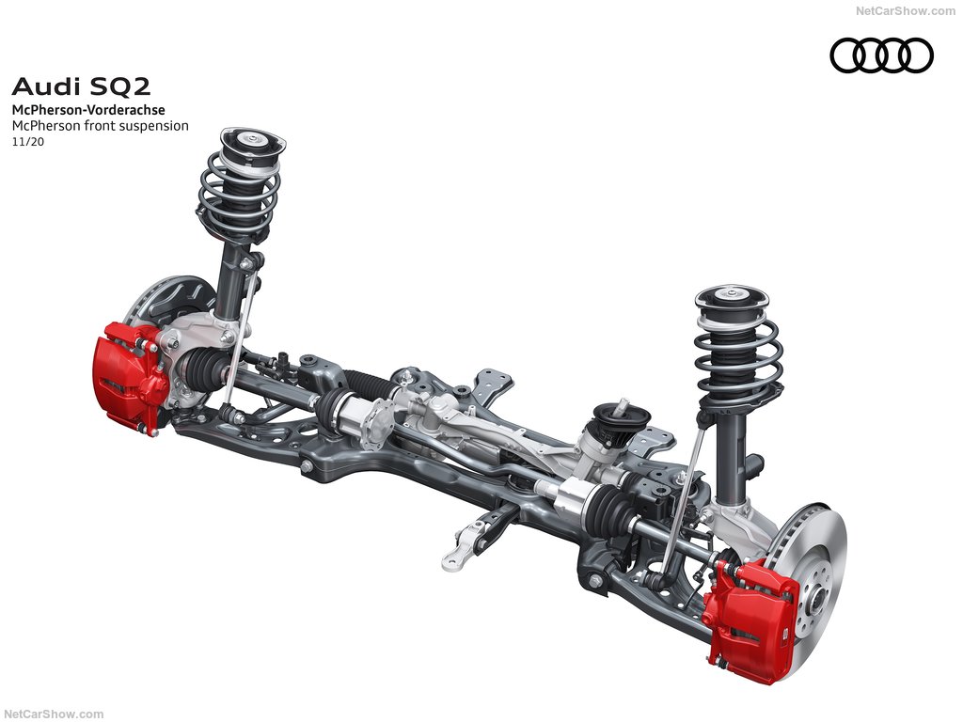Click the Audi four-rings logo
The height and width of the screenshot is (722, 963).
pos(882,55)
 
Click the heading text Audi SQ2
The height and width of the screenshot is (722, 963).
pos(81,86)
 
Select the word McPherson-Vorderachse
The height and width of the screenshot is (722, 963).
pos(88,110)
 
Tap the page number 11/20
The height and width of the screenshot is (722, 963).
pos(28,141)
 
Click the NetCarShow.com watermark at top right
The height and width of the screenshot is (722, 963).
pos(906,10)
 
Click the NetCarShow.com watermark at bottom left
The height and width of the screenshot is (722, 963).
pos(54,714)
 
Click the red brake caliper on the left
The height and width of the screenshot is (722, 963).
pos(130,376)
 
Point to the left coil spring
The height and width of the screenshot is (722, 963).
pos(239,187)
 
